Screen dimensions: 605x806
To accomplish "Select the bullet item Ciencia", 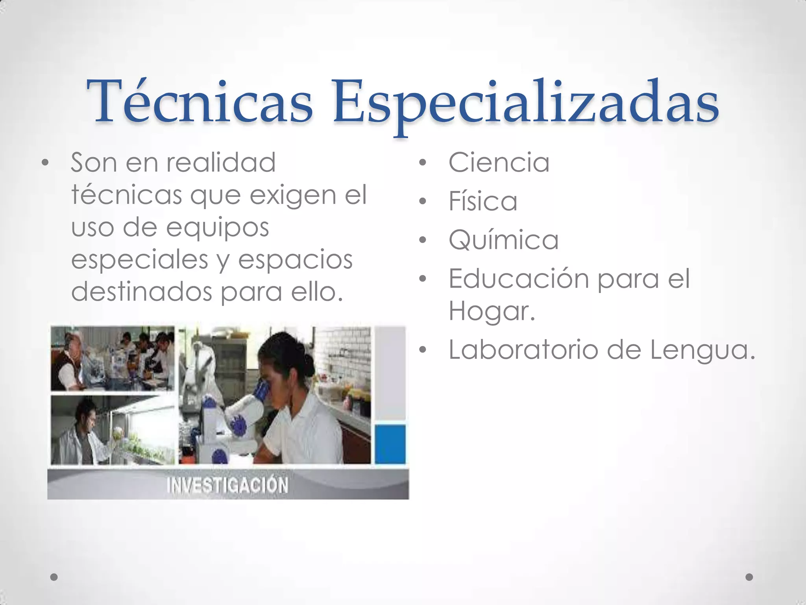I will pyautogui.click(x=499, y=162).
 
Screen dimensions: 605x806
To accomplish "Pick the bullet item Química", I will pyautogui.click(x=503, y=240).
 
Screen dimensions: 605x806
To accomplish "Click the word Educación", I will pyautogui.click(x=518, y=278).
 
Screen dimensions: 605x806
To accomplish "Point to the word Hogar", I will pyautogui.click(x=492, y=311).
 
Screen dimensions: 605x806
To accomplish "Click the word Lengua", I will pyautogui.click(x=702, y=350).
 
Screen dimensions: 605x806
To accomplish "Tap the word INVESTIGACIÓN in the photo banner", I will pyautogui.click(x=227, y=485).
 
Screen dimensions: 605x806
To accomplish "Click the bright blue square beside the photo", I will pyautogui.click(x=390, y=444).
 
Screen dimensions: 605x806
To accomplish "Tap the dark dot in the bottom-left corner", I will pyautogui.click(x=54, y=577).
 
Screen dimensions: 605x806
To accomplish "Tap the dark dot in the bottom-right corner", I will pyautogui.click(x=749, y=577).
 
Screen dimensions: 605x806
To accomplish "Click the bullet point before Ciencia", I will pyautogui.click(x=423, y=163).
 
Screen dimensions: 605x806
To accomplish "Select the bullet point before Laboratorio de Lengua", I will pyautogui.click(x=423, y=350).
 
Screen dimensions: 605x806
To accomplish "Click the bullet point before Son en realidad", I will pyautogui.click(x=45, y=163).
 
